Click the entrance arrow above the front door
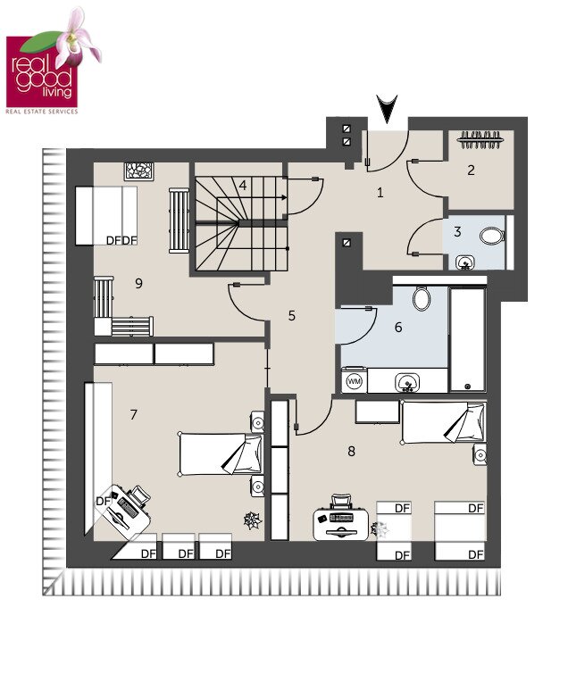click(387, 109)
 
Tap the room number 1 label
click(380, 192)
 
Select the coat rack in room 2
click(480, 140)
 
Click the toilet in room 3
click(492, 237)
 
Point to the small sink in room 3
click(465, 262)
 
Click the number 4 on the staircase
click(243, 186)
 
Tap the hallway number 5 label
click(292, 315)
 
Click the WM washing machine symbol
click(355, 381)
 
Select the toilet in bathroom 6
click(422, 298)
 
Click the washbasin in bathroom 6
click(407, 383)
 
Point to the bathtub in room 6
click(467, 340)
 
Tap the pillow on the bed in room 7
click(245, 454)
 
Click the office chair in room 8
click(340, 501)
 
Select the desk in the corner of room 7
click(123, 511)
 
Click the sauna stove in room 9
click(138, 171)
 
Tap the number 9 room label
click(138, 284)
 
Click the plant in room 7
click(253, 520)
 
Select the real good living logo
click(53, 61)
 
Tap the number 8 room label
click(351, 452)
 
